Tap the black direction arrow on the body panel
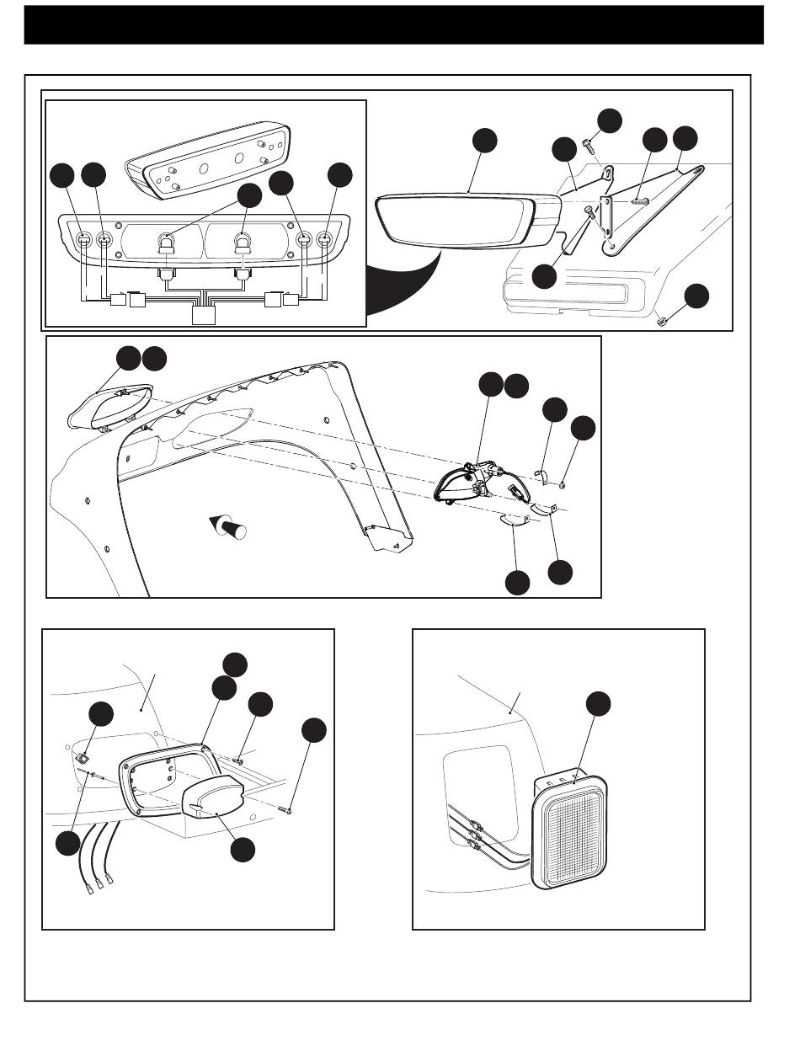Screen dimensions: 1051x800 (230, 527)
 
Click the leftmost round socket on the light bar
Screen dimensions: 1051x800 (84, 241)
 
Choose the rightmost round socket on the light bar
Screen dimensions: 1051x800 (324, 241)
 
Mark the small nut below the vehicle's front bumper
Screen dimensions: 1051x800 (662, 320)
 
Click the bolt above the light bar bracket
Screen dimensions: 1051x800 (589, 147)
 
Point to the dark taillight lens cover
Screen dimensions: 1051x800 (212, 795)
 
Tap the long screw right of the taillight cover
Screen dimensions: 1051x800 (285, 809)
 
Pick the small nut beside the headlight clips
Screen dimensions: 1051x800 (563, 484)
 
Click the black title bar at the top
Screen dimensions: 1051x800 (393, 24)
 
